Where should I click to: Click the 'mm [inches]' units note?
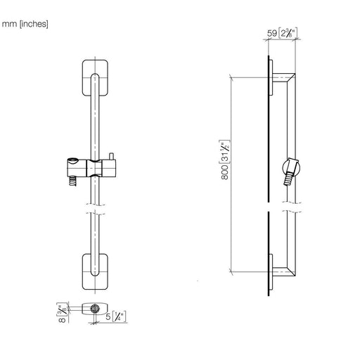[x=25, y=24]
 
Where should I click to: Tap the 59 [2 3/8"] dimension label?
[x=282, y=33]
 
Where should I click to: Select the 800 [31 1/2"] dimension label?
[x=224, y=160]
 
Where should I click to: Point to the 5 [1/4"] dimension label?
[x=116, y=316]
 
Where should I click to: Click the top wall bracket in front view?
[x=95, y=77]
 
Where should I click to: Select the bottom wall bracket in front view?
[x=95, y=271]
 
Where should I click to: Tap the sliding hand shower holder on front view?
[x=91, y=167]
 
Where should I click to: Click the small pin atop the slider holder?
[x=111, y=156]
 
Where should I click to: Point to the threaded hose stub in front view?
[x=72, y=181]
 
